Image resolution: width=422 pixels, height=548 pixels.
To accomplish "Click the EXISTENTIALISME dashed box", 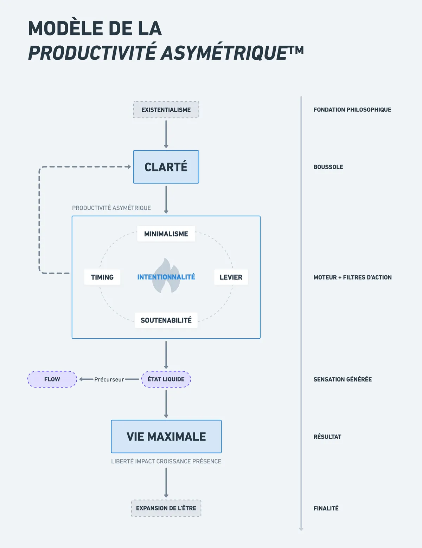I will click(166, 110).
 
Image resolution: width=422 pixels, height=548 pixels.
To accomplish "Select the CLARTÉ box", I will click(166, 167).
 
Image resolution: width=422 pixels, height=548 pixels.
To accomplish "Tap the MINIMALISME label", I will click(166, 234).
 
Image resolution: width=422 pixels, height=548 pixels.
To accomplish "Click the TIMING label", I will click(102, 277).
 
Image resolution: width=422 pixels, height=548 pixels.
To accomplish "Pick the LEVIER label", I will click(231, 277).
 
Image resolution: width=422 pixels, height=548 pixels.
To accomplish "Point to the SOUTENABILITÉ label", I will click(166, 320).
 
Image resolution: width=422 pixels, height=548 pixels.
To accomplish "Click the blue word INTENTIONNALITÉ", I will click(166, 277).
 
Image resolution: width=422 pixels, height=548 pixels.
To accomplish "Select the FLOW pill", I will click(52, 379).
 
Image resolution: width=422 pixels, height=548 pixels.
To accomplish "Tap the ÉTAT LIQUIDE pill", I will click(166, 379).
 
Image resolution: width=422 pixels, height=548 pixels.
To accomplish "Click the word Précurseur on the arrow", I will click(109, 380).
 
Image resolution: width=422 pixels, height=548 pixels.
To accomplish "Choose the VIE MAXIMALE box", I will click(166, 436).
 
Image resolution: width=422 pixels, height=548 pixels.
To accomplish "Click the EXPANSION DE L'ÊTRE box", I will click(166, 508).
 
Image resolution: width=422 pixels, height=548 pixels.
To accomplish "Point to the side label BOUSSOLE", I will click(328, 167).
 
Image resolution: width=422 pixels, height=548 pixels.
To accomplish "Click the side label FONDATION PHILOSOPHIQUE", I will click(352, 110).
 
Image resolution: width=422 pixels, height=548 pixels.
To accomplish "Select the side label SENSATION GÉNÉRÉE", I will click(343, 379).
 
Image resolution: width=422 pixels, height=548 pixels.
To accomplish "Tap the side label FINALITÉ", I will click(326, 508).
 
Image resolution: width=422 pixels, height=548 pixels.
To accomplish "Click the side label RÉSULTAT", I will click(327, 437).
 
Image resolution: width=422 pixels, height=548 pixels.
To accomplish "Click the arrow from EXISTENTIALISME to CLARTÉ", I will click(166, 133).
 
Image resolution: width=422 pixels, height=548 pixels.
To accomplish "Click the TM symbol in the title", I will click(296, 50).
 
